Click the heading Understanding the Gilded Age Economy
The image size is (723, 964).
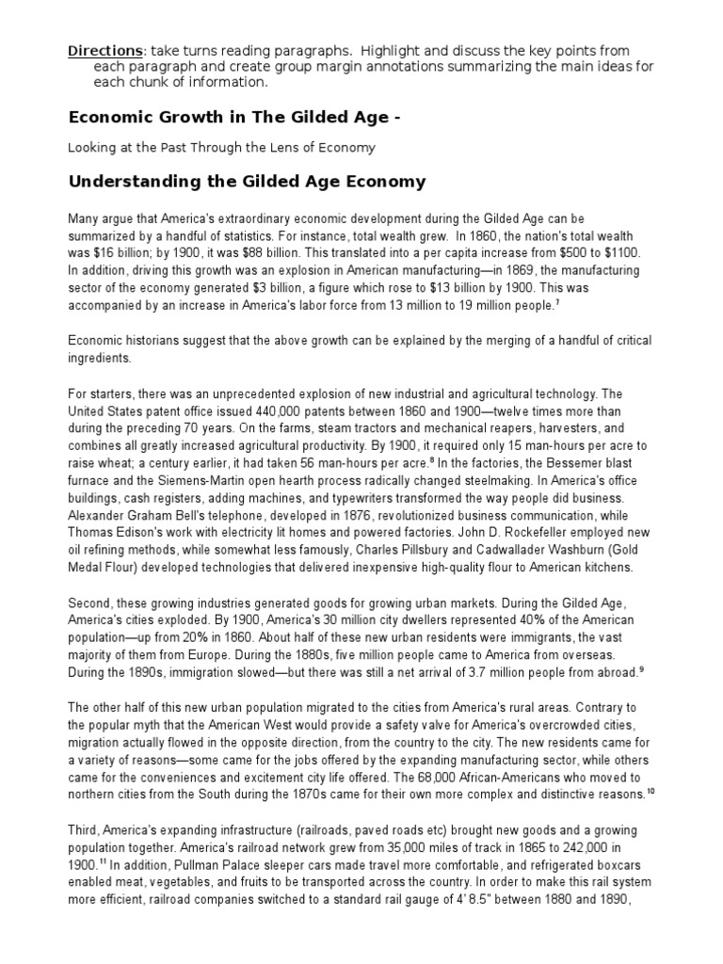click(247, 182)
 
